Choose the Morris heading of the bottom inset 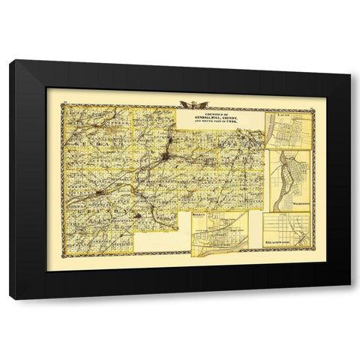[x=199, y=215]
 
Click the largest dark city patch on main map [x=173, y=138]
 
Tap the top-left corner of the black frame [x=10, y=61]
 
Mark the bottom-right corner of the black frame [x=349, y=298]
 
